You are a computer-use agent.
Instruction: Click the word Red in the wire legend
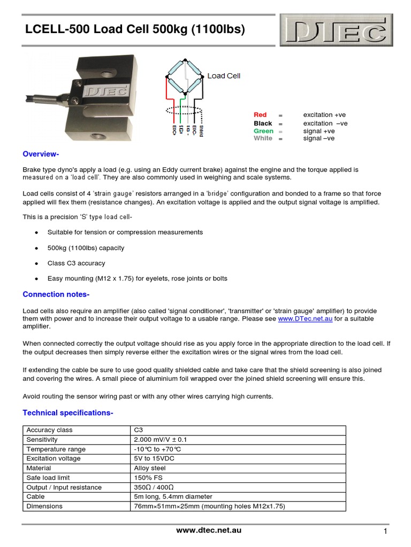(x=260, y=115)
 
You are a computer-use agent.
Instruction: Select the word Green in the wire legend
(x=263, y=131)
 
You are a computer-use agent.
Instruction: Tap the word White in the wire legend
(x=263, y=138)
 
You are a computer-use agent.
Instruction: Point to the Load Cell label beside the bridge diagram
(x=224, y=76)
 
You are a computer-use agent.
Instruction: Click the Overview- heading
(x=41, y=154)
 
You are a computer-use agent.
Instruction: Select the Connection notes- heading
(x=56, y=295)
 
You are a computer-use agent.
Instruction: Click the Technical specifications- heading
(x=67, y=413)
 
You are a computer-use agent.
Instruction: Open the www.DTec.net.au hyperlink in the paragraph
(x=305, y=319)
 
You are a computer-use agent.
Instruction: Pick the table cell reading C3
(x=139, y=430)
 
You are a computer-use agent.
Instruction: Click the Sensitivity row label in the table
(x=42, y=440)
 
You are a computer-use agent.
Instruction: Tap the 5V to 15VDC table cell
(x=154, y=459)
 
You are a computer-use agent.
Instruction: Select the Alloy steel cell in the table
(x=150, y=468)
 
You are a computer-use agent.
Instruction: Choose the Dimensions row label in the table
(x=44, y=506)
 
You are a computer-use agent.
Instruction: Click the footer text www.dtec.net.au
(x=209, y=530)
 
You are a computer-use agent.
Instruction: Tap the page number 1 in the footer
(x=385, y=532)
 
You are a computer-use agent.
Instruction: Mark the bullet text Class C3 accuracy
(x=76, y=263)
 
